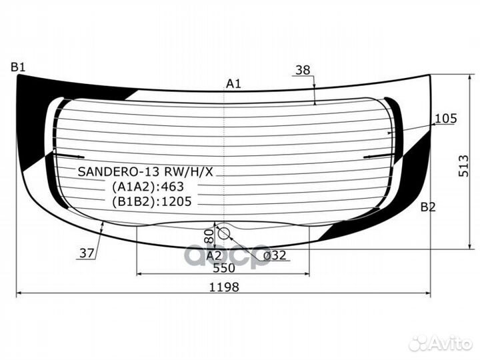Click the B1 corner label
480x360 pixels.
pos(18,67)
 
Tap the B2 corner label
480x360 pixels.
pos(427,207)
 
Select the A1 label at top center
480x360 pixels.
pos(233,84)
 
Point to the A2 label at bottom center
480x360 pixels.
pos(213,255)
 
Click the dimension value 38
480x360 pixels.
pos(302,70)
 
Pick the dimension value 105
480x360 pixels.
pos(445,119)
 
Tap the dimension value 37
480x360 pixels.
pos(87,253)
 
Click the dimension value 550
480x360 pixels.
pos(223,268)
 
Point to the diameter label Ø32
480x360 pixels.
pos(275,255)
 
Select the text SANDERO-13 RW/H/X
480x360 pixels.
pos(145,171)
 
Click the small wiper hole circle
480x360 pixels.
pos(224,233)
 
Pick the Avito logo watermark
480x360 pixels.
pos(441,343)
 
